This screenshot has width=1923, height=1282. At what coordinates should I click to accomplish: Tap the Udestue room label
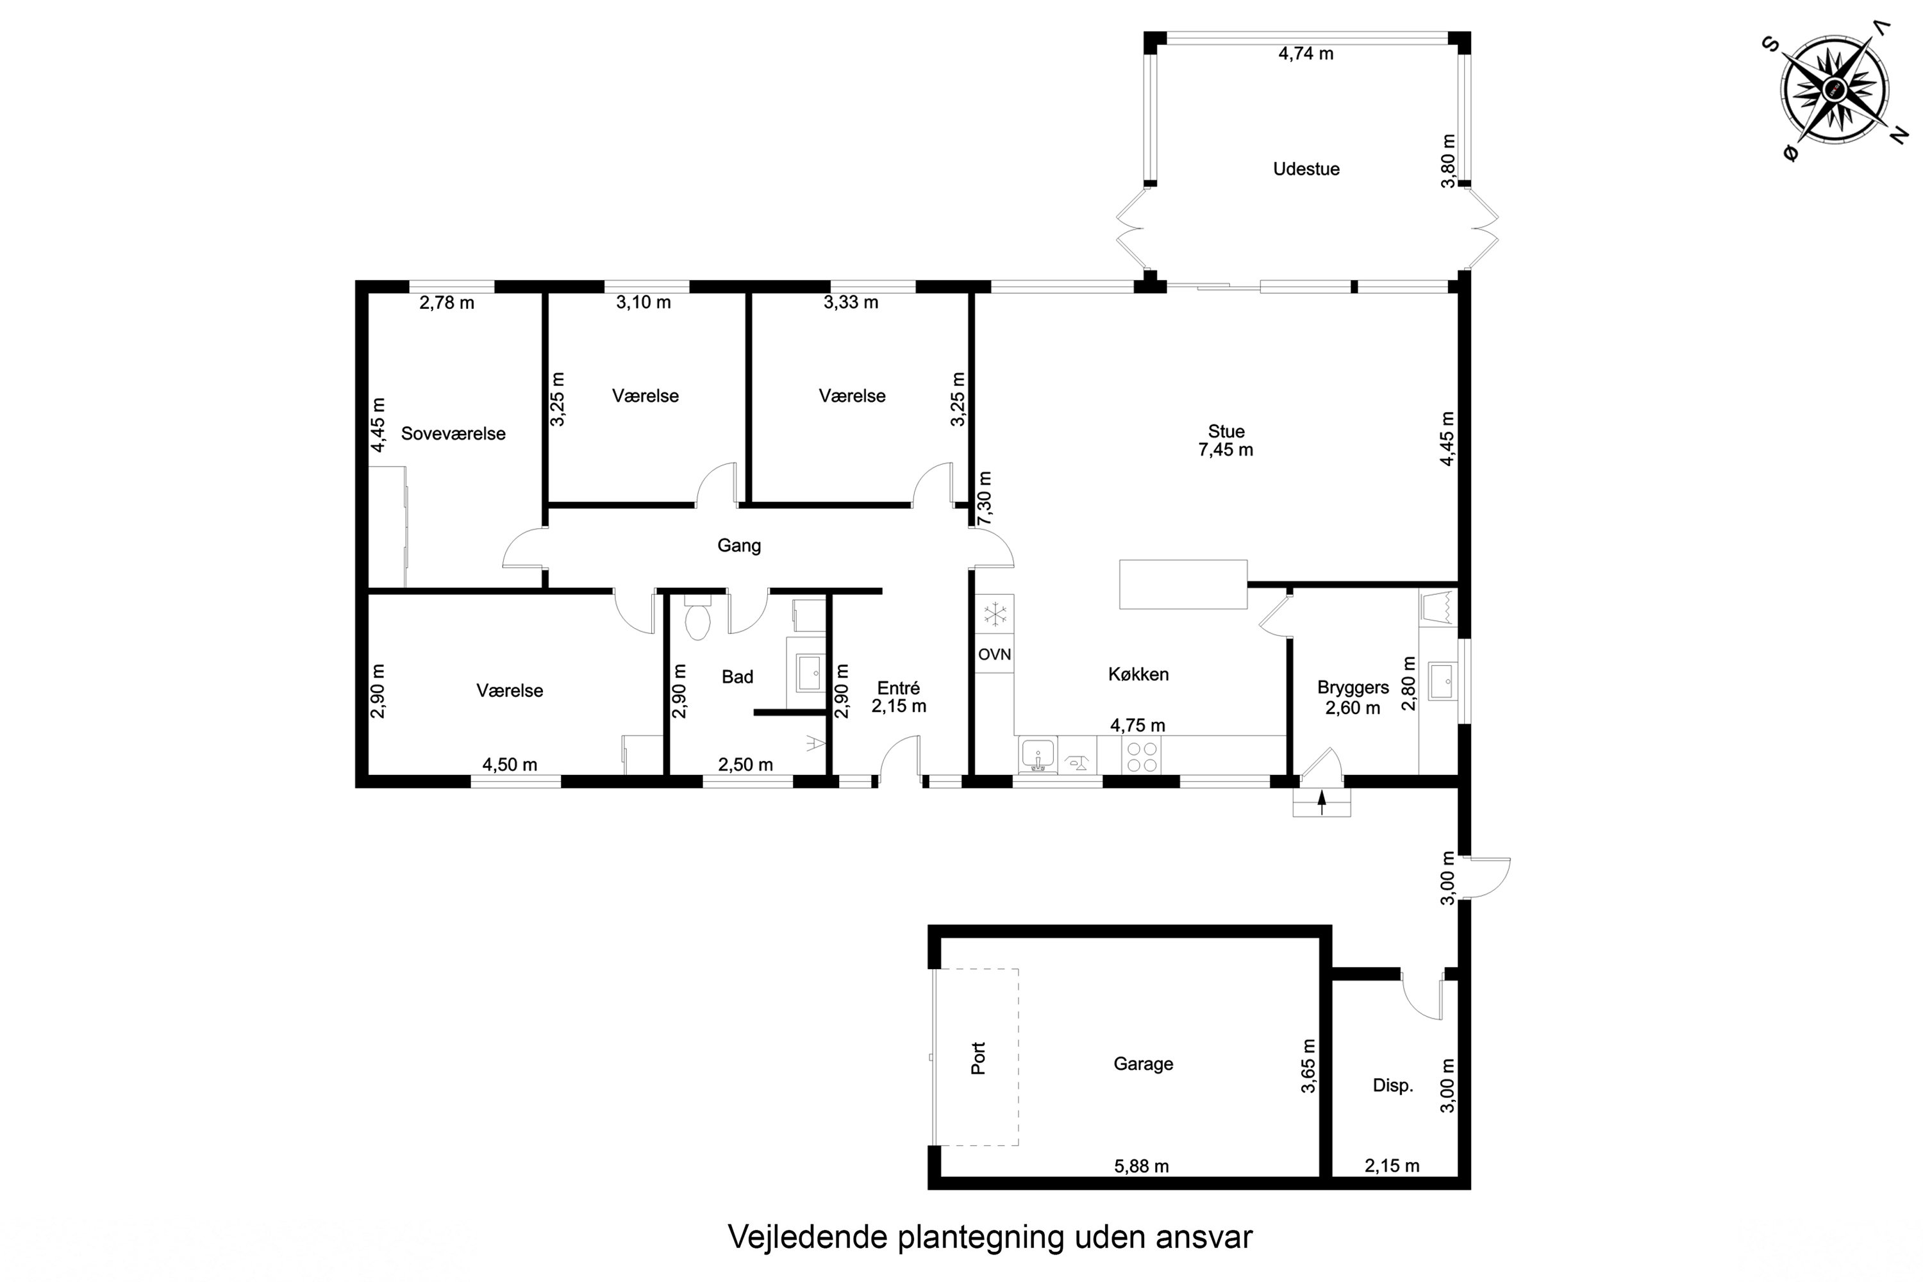1306,169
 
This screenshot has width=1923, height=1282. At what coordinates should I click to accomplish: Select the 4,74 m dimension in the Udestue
1306,54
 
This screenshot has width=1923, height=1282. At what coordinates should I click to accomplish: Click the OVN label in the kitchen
994,654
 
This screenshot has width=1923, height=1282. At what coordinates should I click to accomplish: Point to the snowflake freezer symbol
995,614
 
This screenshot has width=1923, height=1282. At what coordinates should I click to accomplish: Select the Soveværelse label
453,434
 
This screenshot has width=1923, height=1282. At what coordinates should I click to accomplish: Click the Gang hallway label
739,545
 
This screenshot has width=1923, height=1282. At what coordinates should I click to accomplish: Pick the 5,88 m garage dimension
1142,1167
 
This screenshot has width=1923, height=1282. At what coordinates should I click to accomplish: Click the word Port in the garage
979,1058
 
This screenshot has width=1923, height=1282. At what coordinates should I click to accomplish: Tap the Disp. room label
1392,1086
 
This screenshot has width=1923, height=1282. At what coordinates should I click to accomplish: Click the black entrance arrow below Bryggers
1322,804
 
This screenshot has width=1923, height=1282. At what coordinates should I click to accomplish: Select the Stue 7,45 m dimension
1226,450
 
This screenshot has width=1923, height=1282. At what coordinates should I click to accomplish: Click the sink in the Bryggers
1442,681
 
